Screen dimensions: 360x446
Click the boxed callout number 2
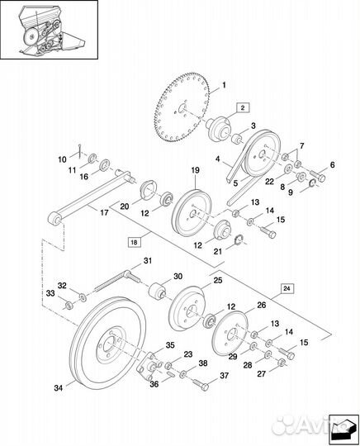242,108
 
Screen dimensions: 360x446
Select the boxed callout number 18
135,242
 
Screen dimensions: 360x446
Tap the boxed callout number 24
287,288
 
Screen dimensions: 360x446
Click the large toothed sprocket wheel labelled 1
183,108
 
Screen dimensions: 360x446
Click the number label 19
196,170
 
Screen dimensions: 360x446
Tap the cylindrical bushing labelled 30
156,291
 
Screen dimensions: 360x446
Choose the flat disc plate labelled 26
230,334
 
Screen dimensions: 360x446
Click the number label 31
148,260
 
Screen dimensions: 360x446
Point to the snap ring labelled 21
239,240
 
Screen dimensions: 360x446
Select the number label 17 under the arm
104,212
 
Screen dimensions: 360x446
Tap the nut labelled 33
69,306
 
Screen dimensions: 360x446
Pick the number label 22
269,181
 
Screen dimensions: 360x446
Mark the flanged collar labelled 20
149,189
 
